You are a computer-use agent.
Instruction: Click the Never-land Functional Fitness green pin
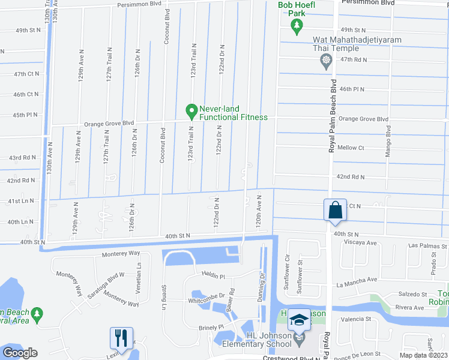[x=191, y=110]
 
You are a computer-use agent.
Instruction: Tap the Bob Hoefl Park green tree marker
[x=296, y=25]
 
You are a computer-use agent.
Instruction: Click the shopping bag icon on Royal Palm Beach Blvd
[x=334, y=209]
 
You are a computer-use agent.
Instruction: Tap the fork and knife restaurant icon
[x=121, y=338]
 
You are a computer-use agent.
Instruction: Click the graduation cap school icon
[x=298, y=319]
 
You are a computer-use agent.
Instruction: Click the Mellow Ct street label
[x=351, y=148]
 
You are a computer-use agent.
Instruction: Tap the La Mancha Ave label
[x=357, y=280]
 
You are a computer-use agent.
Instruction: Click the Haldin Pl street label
[x=213, y=277]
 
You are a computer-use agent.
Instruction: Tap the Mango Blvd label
[x=387, y=138]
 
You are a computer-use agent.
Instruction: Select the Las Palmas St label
[x=427, y=246]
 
